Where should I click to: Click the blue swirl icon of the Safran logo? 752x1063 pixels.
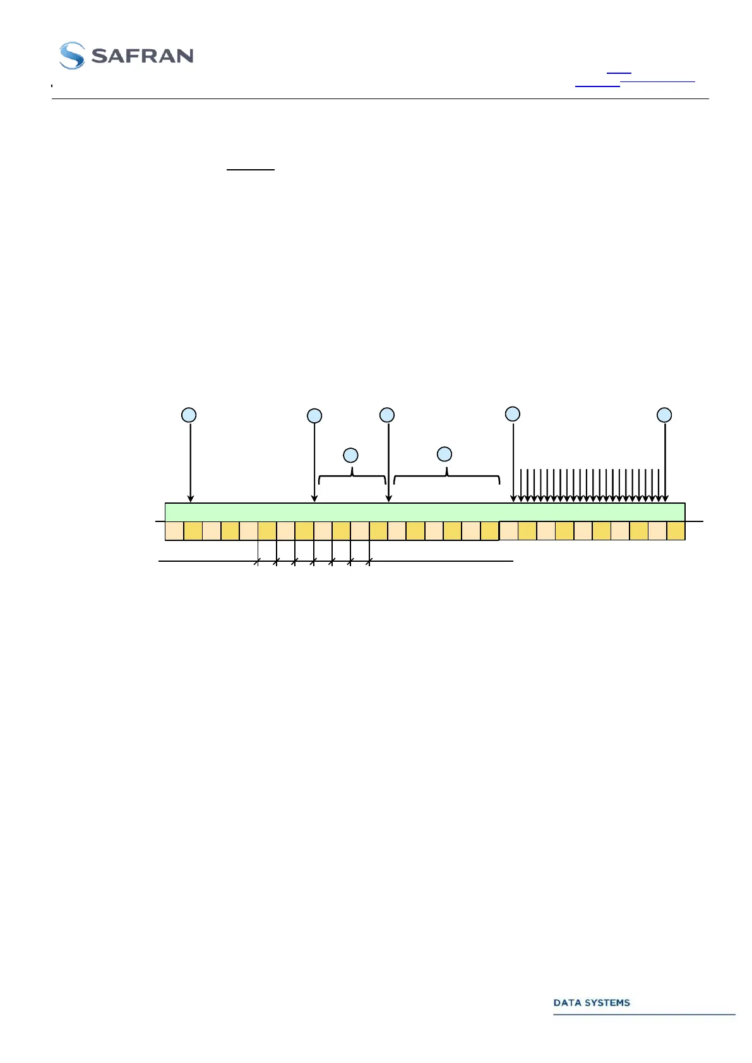click(x=72, y=56)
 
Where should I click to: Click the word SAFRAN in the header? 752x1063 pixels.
click(x=143, y=56)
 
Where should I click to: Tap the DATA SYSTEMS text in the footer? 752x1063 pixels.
click(x=592, y=1002)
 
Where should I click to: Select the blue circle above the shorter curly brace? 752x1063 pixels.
click(x=350, y=455)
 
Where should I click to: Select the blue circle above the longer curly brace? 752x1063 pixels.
click(x=445, y=454)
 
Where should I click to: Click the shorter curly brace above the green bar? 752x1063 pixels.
click(x=352, y=477)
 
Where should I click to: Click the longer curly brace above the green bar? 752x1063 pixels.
click(x=446, y=477)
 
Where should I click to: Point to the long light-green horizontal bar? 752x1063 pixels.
click(x=424, y=512)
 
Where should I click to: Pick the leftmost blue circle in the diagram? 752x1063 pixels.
click(x=189, y=415)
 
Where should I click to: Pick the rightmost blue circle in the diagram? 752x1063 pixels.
click(x=664, y=415)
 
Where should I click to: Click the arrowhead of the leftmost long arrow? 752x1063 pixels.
click(x=191, y=499)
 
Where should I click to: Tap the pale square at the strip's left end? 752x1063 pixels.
click(x=174, y=531)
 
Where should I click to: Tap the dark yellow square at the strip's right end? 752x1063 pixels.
click(x=676, y=531)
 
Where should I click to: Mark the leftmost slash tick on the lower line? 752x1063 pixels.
click(x=257, y=561)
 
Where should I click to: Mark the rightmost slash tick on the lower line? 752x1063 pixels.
click(x=369, y=561)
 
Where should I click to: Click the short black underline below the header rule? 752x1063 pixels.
click(x=251, y=170)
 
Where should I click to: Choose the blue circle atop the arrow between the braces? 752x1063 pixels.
click(x=387, y=415)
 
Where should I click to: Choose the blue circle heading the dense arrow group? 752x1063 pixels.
click(x=513, y=414)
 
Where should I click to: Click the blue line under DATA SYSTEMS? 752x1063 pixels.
click(x=644, y=1014)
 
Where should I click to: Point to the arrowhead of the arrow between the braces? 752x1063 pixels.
click(x=389, y=499)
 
